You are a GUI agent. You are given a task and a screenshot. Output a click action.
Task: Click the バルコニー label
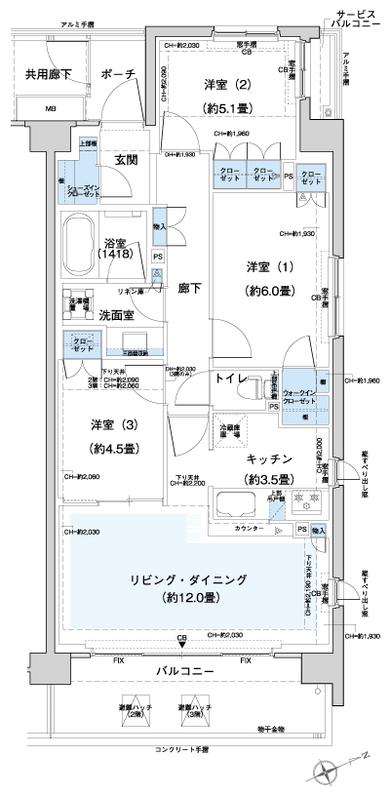pyautogui.click(x=181, y=672)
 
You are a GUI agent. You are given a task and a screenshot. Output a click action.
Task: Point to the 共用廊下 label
pyautogui.click(x=45, y=74)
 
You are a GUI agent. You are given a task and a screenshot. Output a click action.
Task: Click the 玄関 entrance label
pyautogui.click(x=124, y=159)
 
